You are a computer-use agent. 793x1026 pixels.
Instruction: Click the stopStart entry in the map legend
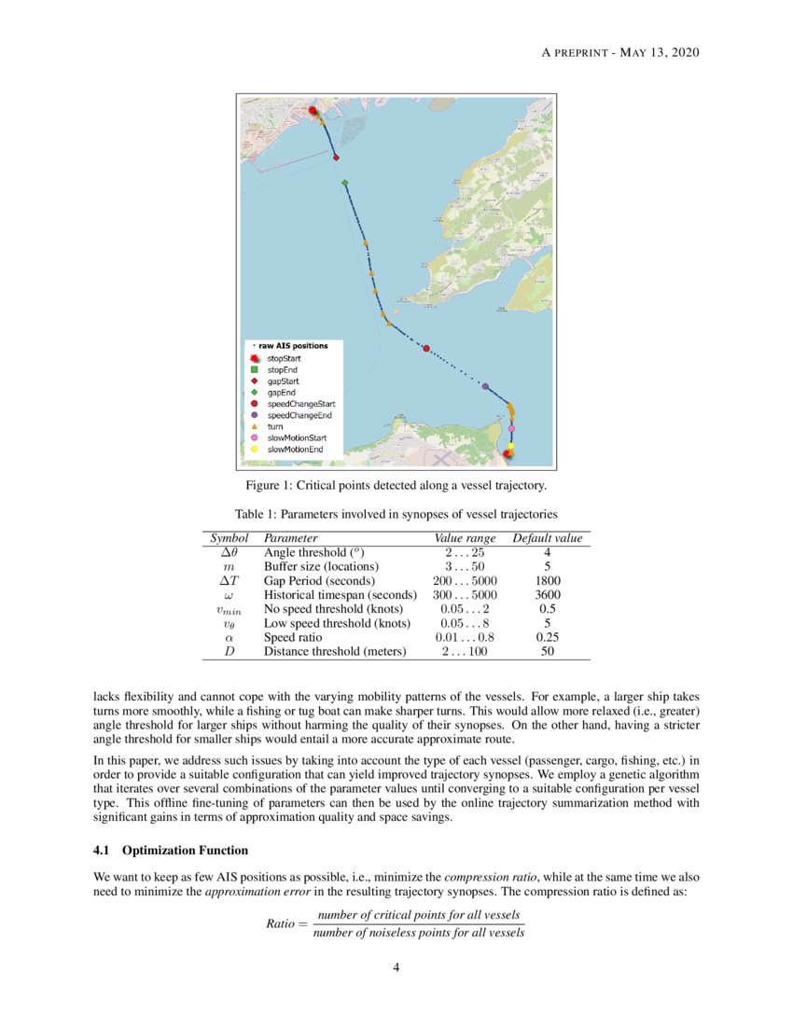[284, 358]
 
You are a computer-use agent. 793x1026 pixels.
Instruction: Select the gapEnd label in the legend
[281, 393]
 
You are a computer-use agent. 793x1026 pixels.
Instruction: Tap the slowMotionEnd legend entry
[295, 450]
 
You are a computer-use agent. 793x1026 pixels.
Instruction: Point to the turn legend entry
[276, 426]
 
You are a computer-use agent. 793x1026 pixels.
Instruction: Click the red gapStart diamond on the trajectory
[336, 158]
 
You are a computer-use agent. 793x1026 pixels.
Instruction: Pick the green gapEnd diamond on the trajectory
[345, 184]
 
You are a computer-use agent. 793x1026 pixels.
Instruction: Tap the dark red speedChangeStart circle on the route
[426, 349]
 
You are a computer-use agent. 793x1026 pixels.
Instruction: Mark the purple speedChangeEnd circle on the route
[485, 385]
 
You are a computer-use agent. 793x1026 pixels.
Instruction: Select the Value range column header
[465, 538]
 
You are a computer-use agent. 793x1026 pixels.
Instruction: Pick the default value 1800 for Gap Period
[547, 579]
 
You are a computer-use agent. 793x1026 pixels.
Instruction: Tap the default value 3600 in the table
[547, 594]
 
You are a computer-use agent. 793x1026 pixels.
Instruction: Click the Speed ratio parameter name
[292, 637]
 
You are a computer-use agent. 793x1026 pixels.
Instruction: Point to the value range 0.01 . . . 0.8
[465, 637]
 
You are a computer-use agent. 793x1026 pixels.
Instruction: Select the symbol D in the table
[230, 652]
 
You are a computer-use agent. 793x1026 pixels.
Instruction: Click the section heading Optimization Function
[185, 851]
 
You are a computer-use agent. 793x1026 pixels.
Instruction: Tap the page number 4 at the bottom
[396, 967]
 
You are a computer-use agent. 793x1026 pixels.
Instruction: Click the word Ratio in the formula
[283, 923]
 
